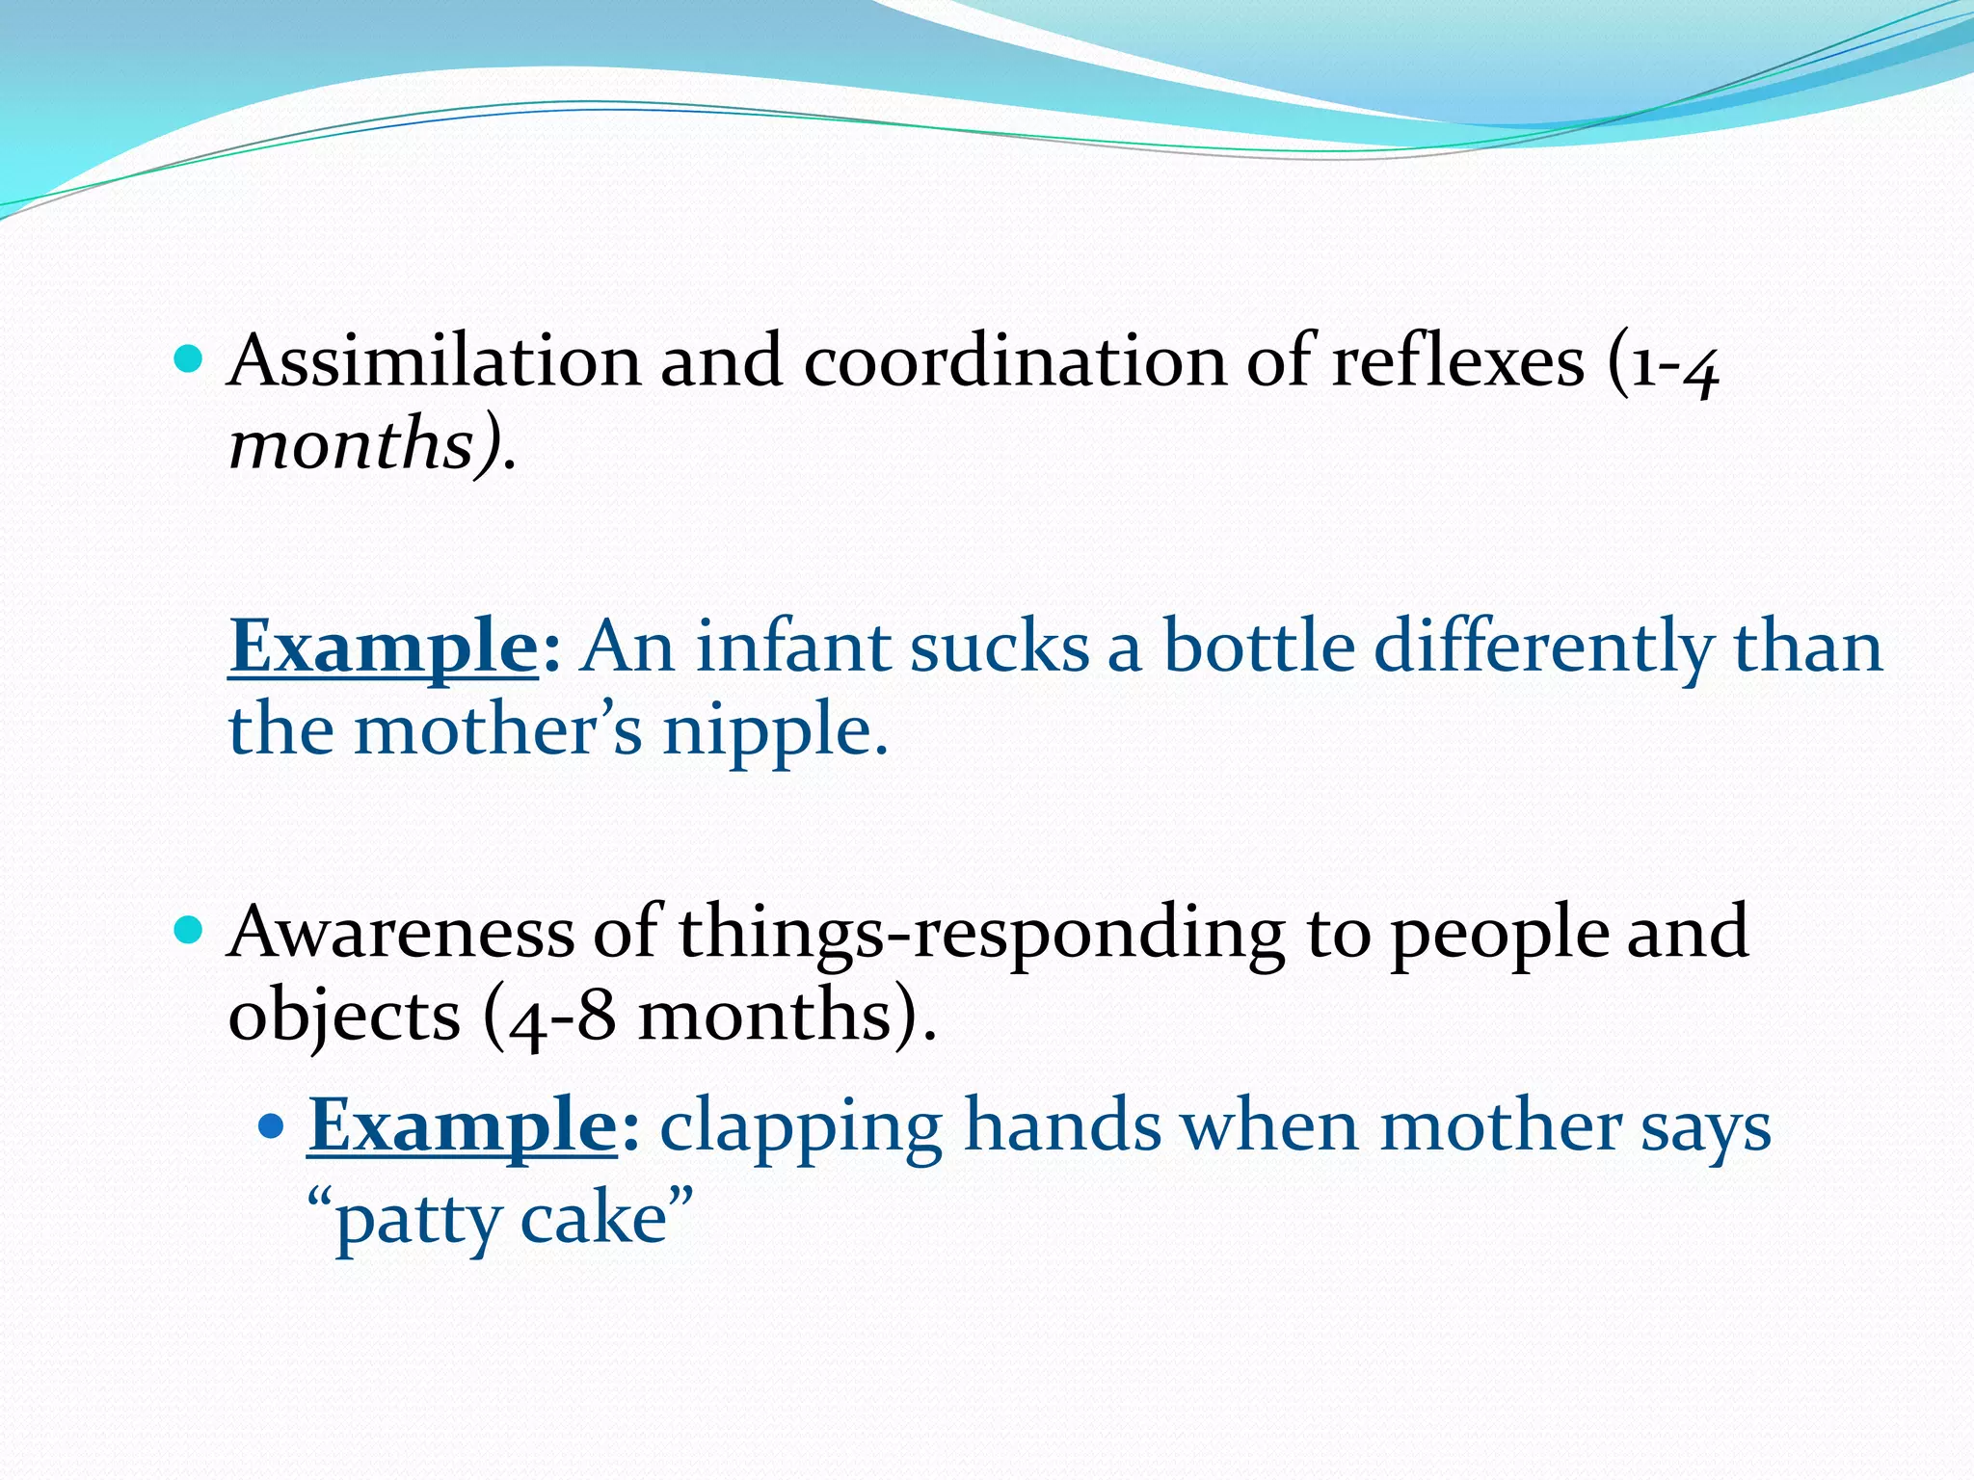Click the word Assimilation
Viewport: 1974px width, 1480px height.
click(434, 361)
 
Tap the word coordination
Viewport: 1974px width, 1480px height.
click(1015, 361)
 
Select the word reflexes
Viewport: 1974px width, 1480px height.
click(1457, 361)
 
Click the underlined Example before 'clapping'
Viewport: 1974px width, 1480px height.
click(463, 1126)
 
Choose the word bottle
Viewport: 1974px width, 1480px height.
click(1259, 647)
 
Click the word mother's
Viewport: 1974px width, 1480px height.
click(497, 730)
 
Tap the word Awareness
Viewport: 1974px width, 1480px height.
click(400, 933)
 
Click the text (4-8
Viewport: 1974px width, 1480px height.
click(548, 1017)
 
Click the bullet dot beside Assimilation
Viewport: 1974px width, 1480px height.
click(189, 360)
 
